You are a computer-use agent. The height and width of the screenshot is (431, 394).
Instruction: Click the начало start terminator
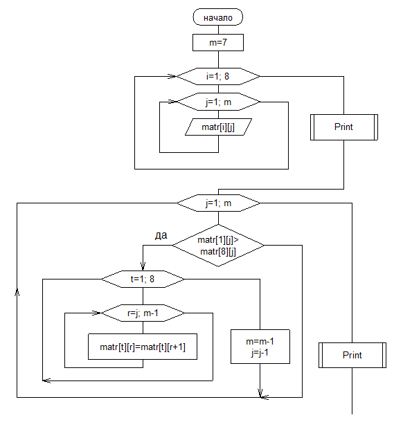[218, 17]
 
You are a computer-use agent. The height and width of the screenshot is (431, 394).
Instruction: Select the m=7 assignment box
[218, 42]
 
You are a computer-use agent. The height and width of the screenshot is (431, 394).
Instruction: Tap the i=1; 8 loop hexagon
[218, 76]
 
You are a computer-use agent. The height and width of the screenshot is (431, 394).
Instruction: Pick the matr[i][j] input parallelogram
[218, 127]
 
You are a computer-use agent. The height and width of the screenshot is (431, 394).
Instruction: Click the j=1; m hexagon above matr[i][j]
[218, 102]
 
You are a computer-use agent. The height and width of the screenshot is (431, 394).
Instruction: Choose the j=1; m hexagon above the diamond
[218, 203]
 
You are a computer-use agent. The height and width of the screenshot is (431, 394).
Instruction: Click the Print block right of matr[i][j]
[344, 127]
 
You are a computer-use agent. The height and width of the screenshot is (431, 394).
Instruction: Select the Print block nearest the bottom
[352, 355]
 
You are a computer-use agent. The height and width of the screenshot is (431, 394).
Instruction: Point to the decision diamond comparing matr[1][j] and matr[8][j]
[218, 246]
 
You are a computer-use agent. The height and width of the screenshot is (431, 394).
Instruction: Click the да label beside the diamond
[161, 235]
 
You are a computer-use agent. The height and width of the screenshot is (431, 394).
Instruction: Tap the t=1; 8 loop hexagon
[143, 279]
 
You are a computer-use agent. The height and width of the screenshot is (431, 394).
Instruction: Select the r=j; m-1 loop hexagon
[143, 313]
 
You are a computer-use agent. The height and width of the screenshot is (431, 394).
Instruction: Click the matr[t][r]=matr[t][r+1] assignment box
[143, 347]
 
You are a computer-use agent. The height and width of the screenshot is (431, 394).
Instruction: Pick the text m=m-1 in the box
[260, 341]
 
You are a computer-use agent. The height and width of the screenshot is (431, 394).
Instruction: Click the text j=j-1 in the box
[260, 352]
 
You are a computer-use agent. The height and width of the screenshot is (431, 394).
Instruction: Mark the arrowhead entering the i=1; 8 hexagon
[172, 76]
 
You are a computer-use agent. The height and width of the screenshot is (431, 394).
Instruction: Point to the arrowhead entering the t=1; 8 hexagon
[143, 266]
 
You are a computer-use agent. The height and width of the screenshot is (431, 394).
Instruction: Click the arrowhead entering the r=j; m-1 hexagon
[97, 313]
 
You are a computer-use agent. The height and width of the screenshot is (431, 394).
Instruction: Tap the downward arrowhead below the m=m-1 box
[260, 393]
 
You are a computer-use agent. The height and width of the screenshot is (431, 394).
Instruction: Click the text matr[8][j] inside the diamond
[218, 252]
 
